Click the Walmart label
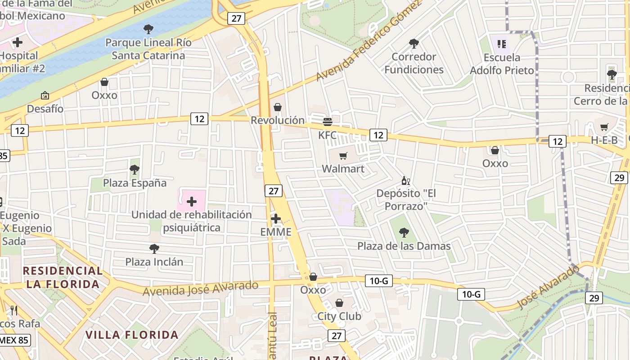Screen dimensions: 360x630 point(343,169)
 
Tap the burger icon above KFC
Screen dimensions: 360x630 point(328,121)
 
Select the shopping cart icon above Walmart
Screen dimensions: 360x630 point(343,156)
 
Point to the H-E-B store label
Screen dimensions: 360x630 point(604,140)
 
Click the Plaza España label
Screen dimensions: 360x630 point(135,183)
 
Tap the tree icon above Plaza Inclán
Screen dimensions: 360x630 point(154,248)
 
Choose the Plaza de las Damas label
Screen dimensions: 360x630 point(404,246)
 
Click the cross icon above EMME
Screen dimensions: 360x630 point(276,219)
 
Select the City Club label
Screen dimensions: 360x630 point(339,316)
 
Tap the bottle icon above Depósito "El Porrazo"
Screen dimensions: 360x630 point(405,181)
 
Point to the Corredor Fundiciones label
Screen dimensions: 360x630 point(414,63)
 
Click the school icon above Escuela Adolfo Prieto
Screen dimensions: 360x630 point(502,44)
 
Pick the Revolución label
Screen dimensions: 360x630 point(278,121)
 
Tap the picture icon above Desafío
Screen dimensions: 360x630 point(45,95)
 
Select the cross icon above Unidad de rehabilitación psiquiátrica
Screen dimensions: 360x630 point(192,202)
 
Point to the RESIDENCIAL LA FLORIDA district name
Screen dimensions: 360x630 point(63,277)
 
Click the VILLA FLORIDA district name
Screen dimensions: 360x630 point(132,335)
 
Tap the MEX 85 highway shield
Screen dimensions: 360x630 point(15,340)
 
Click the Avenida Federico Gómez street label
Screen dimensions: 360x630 point(369,41)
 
